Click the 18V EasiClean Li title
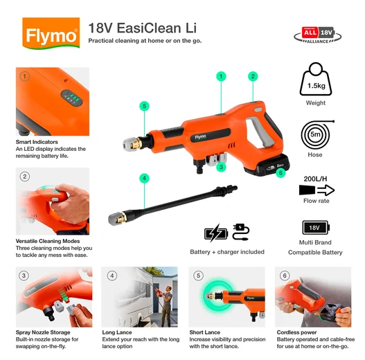pos(142,28)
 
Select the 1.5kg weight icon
pos(315,82)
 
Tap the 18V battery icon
pos(315,228)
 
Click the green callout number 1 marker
pos(221,75)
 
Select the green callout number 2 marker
pos(253,76)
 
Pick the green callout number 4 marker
pos(144,178)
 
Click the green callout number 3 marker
pos(221,167)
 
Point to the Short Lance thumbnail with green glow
pos(226,297)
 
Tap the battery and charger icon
pos(226,232)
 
